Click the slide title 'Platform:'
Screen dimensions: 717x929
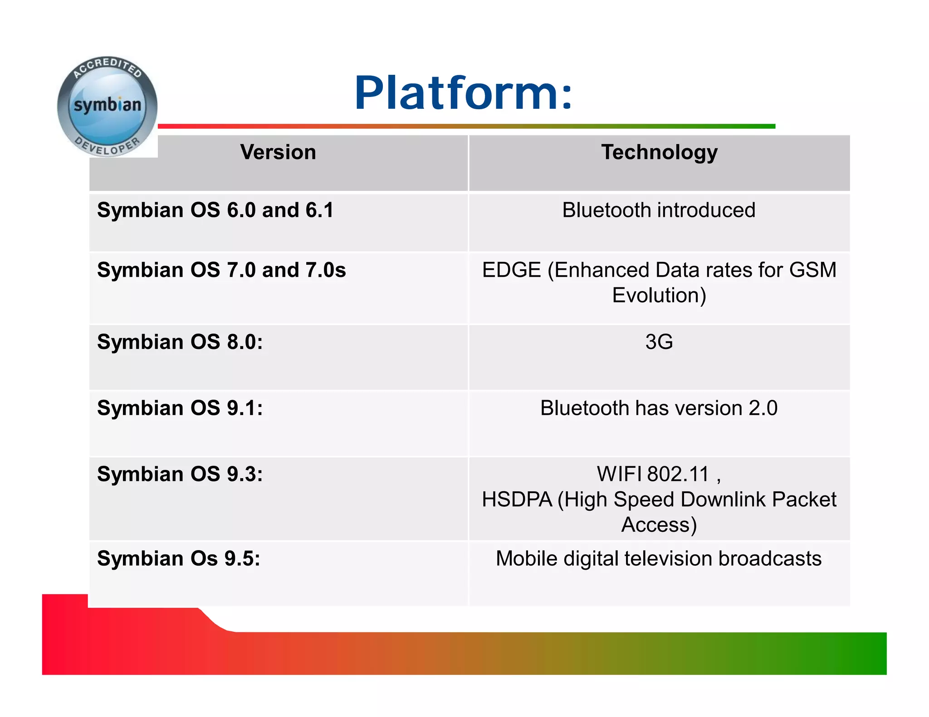463,93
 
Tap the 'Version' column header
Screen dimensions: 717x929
278,152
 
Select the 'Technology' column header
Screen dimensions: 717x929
659,152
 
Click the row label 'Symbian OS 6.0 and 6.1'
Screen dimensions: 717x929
215,210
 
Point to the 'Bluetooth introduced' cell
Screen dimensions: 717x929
659,210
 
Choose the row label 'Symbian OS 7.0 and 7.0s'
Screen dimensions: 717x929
221,270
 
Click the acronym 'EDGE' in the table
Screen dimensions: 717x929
511,270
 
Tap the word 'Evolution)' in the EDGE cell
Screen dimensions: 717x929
659,296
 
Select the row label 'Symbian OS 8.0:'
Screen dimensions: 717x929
180,342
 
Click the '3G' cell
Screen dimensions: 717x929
659,342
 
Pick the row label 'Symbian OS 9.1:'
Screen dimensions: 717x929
180,408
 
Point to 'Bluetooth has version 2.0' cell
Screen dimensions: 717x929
659,408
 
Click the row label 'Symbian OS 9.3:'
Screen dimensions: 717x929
180,474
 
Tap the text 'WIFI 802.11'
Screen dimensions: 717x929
653,474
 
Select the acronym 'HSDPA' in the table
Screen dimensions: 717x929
517,499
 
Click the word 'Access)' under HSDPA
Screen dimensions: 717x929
659,525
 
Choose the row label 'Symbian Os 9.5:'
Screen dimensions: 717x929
178,558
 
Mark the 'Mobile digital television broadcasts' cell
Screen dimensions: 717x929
659,558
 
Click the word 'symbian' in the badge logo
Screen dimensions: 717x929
108,105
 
